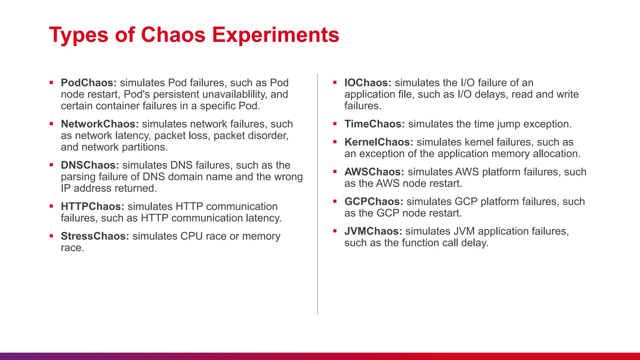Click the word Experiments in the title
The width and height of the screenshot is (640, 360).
[x=276, y=35]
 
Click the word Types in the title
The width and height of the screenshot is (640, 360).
[x=79, y=35]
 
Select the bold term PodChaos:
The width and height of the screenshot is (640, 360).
[x=89, y=83]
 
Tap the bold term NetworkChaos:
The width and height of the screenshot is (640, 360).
[x=100, y=124]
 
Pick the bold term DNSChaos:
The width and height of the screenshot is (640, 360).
[x=90, y=165]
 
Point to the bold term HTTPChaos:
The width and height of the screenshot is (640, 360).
[x=92, y=207]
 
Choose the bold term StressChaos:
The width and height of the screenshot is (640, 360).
[x=95, y=236]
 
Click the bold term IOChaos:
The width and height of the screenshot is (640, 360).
[x=368, y=83]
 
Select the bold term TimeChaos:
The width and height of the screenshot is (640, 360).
[x=375, y=124]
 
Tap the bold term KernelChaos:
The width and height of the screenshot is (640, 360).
[x=379, y=142]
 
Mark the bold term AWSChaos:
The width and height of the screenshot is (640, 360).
[x=374, y=172]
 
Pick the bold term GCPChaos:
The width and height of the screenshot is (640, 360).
[x=374, y=202]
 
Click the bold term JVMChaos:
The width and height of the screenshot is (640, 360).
[x=373, y=231]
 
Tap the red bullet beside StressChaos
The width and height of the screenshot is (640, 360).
[x=52, y=236]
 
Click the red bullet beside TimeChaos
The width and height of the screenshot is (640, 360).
[x=335, y=124]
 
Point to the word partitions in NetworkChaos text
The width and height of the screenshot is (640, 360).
[x=144, y=147]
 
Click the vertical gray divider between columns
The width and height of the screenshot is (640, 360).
[x=317, y=194]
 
